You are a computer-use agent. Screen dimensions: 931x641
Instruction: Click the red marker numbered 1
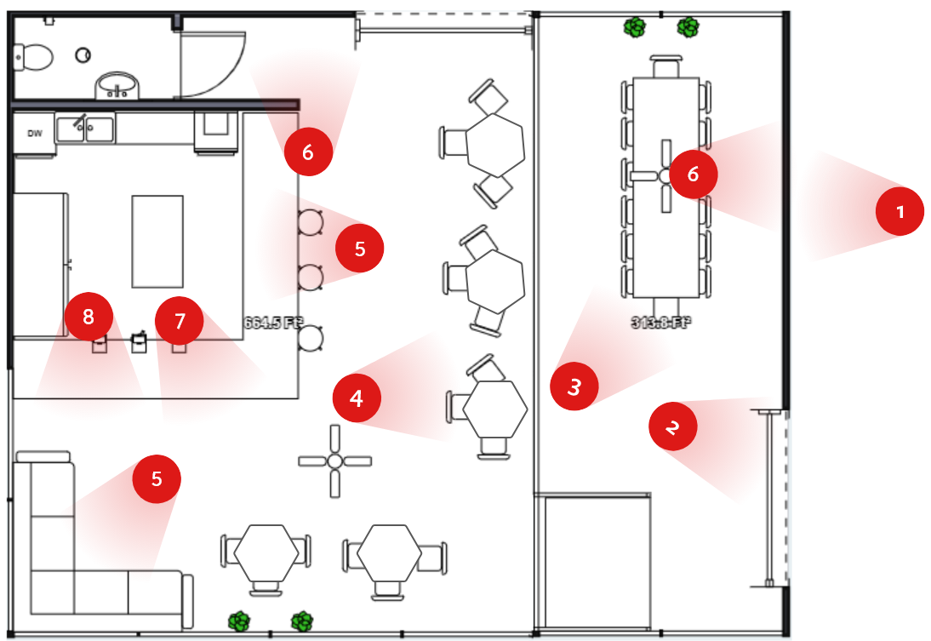(x=900, y=212)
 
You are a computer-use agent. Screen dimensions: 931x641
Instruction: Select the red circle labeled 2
(x=672, y=426)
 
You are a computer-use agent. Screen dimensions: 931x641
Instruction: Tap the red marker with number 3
(x=574, y=386)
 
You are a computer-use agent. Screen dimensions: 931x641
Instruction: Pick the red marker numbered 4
(x=356, y=398)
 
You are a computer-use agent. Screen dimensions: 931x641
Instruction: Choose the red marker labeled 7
(x=179, y=321)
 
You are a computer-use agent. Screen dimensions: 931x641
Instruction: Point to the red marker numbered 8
(x=89, y=317)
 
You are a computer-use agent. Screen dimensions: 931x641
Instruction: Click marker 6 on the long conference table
(x=693, y=175)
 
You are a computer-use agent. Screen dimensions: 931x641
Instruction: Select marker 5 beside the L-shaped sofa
(x=157, y=478)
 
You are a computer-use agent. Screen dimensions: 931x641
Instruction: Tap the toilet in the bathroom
(x=32, y=57)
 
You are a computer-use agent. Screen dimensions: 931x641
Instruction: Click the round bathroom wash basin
(x=117, y=85)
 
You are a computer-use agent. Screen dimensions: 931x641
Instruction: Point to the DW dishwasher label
(x=35, y=133)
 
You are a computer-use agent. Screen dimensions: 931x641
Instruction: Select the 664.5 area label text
(x=273, y=323)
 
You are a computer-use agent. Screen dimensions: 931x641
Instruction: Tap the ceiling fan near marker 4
(x=334, y=461)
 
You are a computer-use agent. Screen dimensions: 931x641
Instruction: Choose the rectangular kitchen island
(x=157, y=241)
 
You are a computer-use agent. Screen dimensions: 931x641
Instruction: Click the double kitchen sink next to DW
(x=85, y=129)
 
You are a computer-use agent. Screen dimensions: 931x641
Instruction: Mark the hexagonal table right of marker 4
(x=495, y=409)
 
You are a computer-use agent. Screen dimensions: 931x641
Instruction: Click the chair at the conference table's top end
(x=665, y=66)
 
